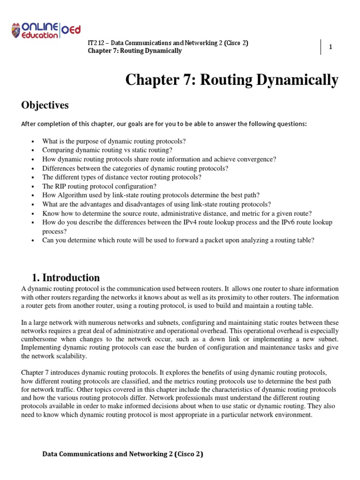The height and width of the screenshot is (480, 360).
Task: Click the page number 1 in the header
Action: point(330,47)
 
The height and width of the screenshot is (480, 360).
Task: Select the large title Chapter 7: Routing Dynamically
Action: point(232,80)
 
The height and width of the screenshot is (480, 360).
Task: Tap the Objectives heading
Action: point(45,105)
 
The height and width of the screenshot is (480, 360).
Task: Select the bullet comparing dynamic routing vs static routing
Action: point(107,150)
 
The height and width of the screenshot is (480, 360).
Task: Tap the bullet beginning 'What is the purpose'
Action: point(114,141)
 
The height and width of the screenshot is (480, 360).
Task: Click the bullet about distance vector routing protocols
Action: point(122,177)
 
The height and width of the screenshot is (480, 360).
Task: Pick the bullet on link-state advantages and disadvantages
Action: point(157,204)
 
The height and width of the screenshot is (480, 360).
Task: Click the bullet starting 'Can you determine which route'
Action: point(178,240)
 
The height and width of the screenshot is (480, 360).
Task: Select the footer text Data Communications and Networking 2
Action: point(123,454)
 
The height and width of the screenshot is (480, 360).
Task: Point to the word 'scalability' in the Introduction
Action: point(70,356)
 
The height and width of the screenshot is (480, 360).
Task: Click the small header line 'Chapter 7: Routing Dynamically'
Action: point(135,51)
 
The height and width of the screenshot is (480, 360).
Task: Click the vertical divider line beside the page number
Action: point(321,47)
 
